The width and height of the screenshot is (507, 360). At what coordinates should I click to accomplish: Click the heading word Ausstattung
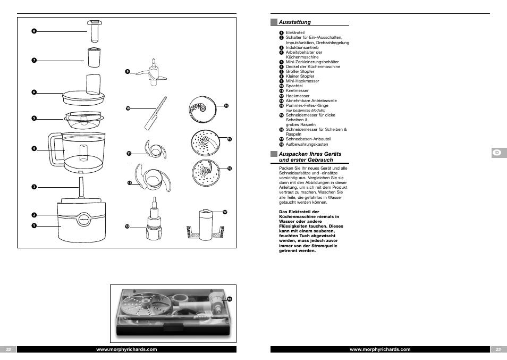pyautogui.click(x=294, y=22)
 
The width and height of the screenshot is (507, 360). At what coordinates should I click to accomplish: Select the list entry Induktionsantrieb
pyautogui.click(x=302, y=47)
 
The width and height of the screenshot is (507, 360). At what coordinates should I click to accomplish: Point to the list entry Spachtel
pyautogui.click(x=294, y=86)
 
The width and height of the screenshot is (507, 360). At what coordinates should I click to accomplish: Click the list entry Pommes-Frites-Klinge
pyautogui.click(x=307, y=105)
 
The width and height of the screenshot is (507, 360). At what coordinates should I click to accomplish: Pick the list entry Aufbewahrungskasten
pyautogui.click(x=307, y=144)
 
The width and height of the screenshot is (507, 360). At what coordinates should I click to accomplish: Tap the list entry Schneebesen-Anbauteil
pyautogui.click(x=308, y=139)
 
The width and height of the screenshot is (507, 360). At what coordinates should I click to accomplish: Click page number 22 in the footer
pyautogui.click(x=9, y=349)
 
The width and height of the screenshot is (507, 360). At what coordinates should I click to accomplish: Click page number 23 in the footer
pyautogui.click(x=498, y=349)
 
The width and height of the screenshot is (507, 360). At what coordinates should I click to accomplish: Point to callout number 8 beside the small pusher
pyautogui.click(x=33, y=31)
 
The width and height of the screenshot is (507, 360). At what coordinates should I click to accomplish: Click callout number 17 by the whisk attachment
pyautogui.click(x=225, y=212)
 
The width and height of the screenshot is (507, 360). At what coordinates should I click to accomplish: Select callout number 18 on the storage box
pyautogui.click(x=230, y=299)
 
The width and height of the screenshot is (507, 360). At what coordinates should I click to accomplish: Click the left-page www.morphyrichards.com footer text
pyautogui.click(x=126, y=349)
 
